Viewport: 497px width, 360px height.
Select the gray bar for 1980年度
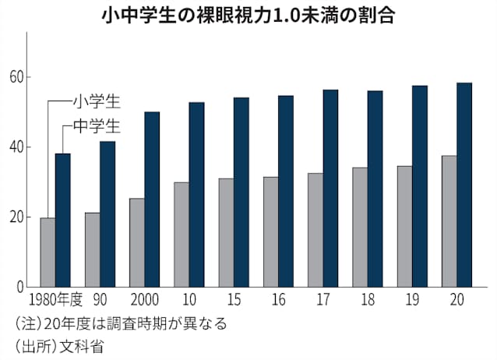48,252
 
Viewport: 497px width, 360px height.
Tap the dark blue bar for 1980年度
63,221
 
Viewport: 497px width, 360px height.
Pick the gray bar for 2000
137,243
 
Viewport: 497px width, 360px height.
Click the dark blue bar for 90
108,214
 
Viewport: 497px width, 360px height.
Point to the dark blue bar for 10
197,195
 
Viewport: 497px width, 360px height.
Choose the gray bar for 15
227,233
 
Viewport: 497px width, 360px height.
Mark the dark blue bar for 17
331,189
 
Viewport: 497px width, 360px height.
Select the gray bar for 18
361,228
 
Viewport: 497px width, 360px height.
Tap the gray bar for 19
405,227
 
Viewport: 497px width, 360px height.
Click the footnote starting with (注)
121,322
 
